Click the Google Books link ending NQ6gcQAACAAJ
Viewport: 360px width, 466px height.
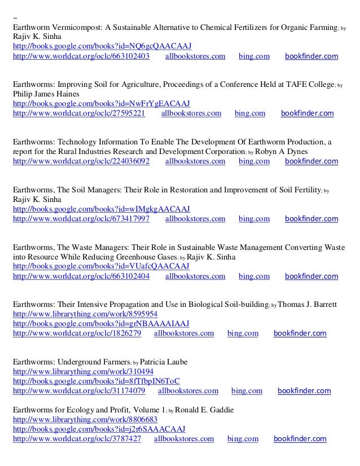102,46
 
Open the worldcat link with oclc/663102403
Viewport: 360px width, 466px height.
81,56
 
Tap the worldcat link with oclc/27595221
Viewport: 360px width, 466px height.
78,113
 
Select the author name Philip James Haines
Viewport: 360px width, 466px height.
46,94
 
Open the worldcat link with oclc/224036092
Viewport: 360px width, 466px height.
81,161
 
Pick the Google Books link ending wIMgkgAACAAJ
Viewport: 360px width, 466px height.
102,208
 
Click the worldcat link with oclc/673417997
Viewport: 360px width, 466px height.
81,218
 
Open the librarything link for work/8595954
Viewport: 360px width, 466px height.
85,314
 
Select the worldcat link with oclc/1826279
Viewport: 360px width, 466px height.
77,333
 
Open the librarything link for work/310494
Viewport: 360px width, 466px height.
83,371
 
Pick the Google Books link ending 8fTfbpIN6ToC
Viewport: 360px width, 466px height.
96,381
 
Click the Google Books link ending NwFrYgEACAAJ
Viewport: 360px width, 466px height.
101,104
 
